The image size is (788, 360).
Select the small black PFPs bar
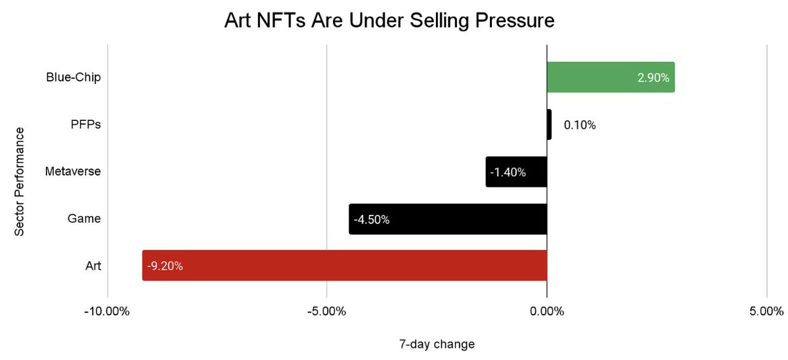pos(549,125)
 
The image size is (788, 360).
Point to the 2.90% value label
pos(653,78)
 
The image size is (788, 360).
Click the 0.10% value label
pos(580,125)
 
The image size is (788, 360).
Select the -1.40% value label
pos(508,172)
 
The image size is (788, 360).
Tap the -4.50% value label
pos(372,219)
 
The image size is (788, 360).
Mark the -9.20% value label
pos(165,266)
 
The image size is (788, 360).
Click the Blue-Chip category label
pos(73,78)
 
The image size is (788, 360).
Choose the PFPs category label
pos(85,125)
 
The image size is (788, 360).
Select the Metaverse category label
pos(73,172)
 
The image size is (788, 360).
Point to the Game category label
pos(85,219)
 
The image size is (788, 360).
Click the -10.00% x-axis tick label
pos(107,311)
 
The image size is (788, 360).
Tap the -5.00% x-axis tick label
pos(326,311)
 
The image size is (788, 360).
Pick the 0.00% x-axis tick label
pos(546,311)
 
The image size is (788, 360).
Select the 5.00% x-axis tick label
pos(766,311)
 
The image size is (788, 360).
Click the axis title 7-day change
pos(437,344)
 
